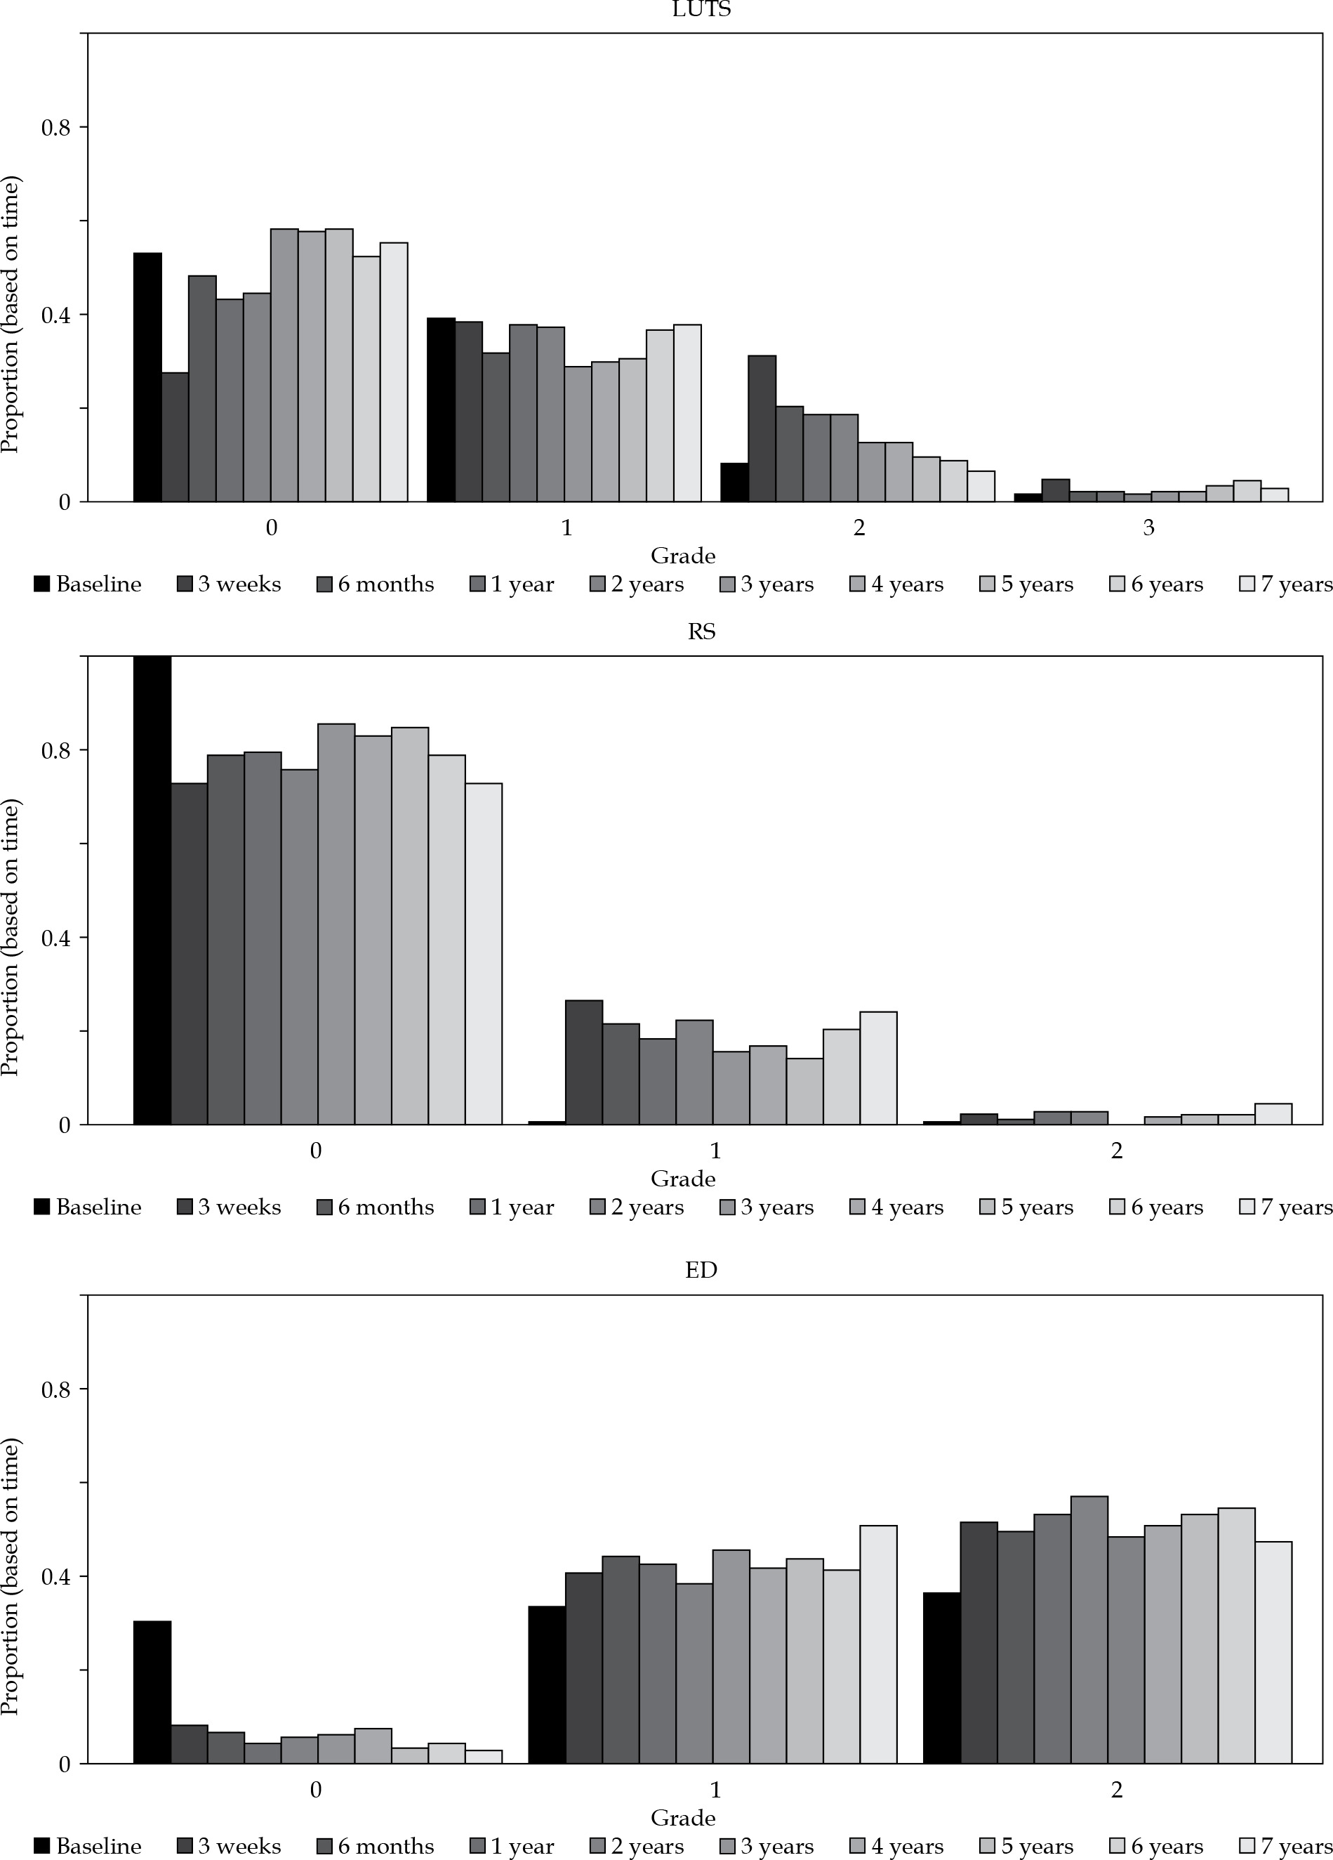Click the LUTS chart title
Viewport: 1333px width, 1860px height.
tap(701, 10)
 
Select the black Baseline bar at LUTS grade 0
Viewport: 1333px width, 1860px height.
tap(147, 377)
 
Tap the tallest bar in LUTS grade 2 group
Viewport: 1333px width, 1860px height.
tap(762, 428)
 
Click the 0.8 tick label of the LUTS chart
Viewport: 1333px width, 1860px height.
tap(55, 128)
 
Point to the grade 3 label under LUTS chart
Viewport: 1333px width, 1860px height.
tap(1148, 528)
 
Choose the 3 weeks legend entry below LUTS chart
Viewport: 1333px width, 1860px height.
tap(229, 584)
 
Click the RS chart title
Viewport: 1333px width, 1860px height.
tap(701, 631)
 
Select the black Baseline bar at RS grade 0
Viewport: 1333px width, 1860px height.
tap(152, 891)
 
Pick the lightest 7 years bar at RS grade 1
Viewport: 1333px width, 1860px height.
tap(878, 1068)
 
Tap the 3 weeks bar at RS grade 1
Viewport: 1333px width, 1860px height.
tap(584, 1062)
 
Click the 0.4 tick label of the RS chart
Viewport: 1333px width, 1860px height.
tap(55, 938)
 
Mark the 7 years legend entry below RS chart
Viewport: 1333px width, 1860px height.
tap(1286, 1207)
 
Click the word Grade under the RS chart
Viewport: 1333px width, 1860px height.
tap(683, 1179)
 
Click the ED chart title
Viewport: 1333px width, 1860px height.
tap(701, 1271)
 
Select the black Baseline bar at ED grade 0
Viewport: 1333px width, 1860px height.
tap(152, 1692)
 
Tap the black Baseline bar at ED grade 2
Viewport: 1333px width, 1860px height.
tap(942, 1678)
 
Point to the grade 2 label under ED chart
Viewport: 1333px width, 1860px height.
tap(1116, 1790)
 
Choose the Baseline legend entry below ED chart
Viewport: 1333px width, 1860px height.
tap(88, 1846)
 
